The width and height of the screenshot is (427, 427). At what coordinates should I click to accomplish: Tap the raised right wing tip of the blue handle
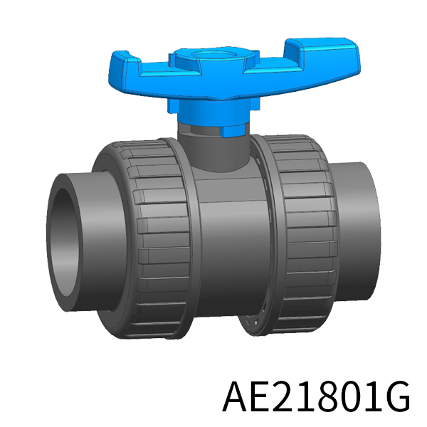click(322, 46)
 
